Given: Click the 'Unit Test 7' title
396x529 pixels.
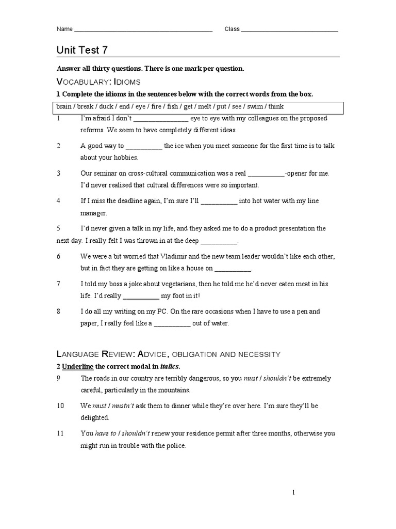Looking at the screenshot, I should pos(82,50).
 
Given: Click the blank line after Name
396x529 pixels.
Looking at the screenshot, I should pos(143,30).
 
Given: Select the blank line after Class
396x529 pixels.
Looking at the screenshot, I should pos(289,30).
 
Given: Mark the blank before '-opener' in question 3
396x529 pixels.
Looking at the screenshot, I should pos(266,174).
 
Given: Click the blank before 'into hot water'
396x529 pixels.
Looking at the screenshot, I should pos(219,201).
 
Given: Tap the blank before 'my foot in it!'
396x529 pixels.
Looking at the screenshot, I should pos(141,297).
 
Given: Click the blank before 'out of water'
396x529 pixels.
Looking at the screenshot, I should pos(172,324).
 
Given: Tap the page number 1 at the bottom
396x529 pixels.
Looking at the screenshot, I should pos(293,493).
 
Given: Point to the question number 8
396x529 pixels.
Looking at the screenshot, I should pos(59,312).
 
